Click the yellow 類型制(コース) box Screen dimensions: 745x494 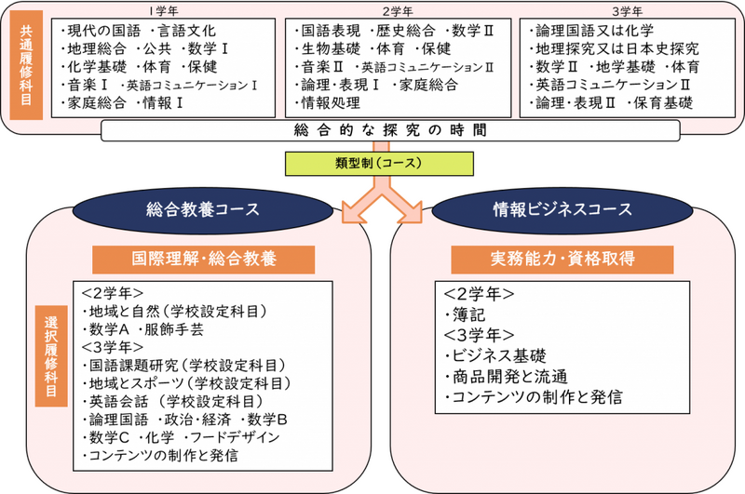(x=379, y=164)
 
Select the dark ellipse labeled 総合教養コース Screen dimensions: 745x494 (x=203, y=209)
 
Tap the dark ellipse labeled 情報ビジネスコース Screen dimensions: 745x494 (x=562, y=209)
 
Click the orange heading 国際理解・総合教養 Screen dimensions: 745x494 (x=203, y=260)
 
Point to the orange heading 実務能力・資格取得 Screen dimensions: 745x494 (x=562, y=260)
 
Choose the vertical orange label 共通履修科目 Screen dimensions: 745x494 (x=26, y=65)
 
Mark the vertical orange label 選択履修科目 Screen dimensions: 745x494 (x=51, y=356)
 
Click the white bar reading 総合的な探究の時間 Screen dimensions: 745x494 (x=390, y=130)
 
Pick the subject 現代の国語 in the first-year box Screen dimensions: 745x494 (x=104, y=31)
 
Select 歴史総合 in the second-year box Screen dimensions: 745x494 (x=405, y=31)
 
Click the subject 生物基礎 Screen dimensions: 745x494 (x=331, y=49)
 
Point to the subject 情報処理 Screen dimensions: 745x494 (x=331, y=103)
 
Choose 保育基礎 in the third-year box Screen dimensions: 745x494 (x=663, y=103)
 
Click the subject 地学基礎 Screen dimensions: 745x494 (x=626, y=67)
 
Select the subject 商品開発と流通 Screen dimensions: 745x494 (x=509, y=377)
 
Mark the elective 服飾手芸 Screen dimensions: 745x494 (x=174, y=329)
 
